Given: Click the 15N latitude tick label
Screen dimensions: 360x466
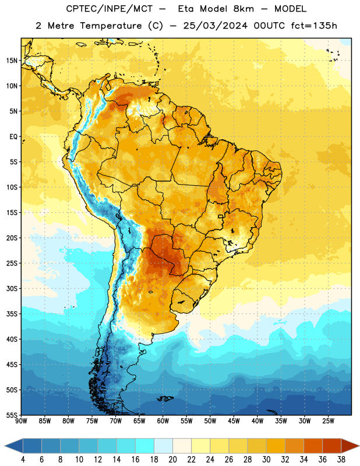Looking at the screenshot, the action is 12,61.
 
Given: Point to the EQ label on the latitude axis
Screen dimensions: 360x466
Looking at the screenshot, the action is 13,136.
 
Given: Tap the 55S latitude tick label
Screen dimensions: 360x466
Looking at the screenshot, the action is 12,415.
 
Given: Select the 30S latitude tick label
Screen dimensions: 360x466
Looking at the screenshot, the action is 12,288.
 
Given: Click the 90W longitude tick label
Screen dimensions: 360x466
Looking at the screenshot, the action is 21,421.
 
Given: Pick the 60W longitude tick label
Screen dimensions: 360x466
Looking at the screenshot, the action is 163,421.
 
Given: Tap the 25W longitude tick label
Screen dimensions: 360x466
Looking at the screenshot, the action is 328,421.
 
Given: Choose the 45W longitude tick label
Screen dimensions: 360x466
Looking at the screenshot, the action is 234,421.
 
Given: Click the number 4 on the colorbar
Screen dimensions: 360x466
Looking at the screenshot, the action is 23,460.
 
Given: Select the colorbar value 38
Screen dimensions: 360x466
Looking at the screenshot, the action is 341,460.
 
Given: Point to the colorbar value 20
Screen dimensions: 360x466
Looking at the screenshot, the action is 172,460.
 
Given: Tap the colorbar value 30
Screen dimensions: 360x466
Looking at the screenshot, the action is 266,460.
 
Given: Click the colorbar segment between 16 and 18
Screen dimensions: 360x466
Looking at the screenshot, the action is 145,446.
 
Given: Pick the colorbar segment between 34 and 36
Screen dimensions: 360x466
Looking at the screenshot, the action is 313,446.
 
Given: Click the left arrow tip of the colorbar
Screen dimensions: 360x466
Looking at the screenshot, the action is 5,446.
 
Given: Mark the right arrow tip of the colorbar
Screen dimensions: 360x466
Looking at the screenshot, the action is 359,446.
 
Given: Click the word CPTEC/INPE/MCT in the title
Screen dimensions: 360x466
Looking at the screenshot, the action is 110,9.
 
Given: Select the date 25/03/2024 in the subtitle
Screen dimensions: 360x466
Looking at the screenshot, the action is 215,26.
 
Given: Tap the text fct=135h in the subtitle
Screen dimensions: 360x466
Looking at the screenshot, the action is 314,26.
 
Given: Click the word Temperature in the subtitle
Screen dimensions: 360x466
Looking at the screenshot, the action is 111,26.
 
